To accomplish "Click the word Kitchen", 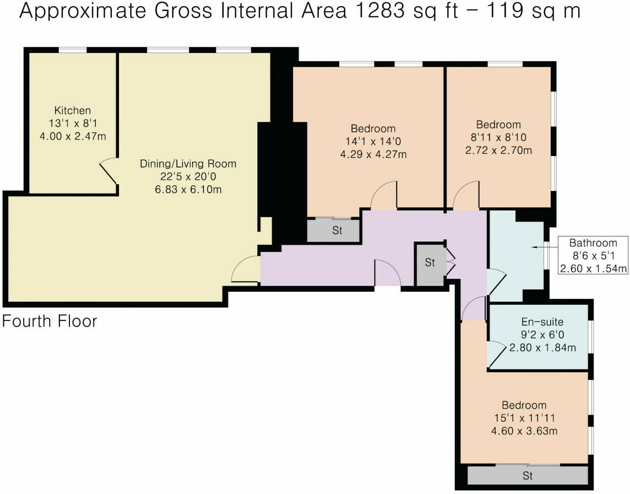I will pyautogui.click(x=72, y=110).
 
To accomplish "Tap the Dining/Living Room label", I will pyautogui.click(x=188, y=164).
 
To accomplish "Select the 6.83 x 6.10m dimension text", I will pyautogui.click(x=188, y=190).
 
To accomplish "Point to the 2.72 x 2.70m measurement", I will pyautogui.click(x=498, y=150).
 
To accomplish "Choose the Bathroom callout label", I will pyautogui.click(x=593, y=243).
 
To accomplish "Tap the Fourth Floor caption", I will pyautogui.click(x=50, y=321).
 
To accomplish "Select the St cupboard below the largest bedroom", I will pyautogui.click(x=336, y=231).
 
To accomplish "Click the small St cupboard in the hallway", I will pyautogui.click(x=430, y=264).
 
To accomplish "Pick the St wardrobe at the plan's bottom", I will pyautogui.click(x=528, y=476).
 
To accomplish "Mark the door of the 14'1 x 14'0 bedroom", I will pyautogui.click(x=384, y=196).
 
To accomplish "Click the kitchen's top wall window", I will pyautogui.click(x=73, y=50).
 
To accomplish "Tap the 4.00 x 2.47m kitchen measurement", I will pyautogui.click(x=72, y=136).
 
